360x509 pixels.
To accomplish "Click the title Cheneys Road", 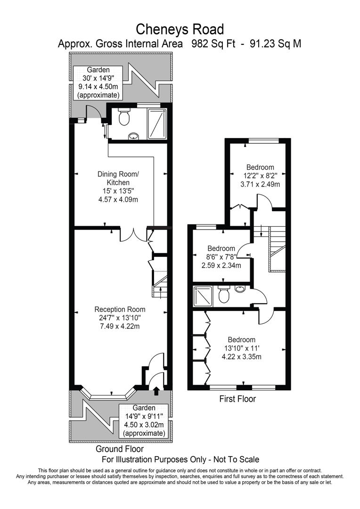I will pos(180,29).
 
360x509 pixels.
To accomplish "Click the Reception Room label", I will pos(120,310).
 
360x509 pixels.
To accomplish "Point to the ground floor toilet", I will pos(124,117).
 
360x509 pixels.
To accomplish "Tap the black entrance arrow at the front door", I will pos(156,390).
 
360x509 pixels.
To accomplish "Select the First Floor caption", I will pos(237,399).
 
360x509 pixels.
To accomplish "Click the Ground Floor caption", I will pos(120,449).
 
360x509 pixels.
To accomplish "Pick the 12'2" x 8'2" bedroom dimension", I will pos(260,175).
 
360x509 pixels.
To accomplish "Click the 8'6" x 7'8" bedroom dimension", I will pos(221,257).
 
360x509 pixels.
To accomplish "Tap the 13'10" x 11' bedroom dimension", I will pos(241,348).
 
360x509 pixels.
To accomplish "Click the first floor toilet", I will pos(224,294).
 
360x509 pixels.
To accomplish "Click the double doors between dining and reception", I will pos(134,234).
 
